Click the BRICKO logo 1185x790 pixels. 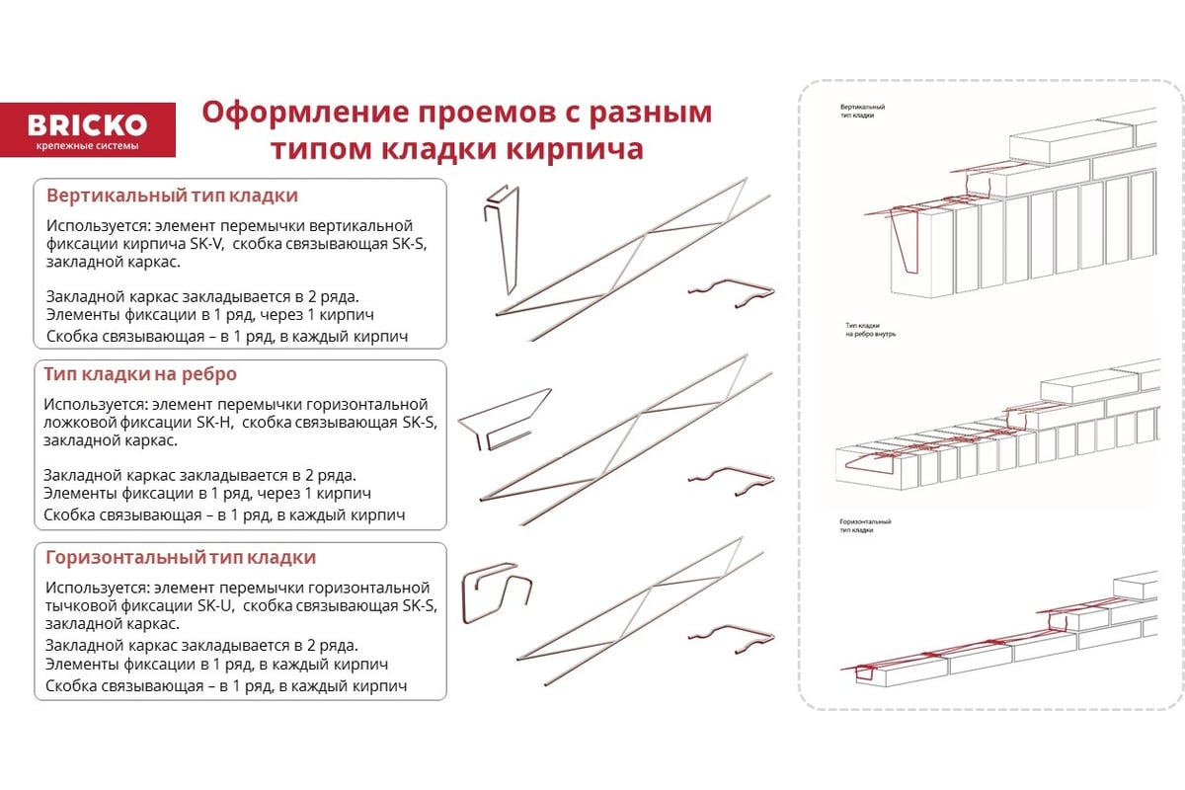pos(87,129)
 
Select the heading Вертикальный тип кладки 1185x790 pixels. pos(172,196)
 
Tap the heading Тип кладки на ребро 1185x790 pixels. pos(140,374)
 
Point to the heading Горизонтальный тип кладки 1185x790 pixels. pos(181,557)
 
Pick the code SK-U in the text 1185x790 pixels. pos(216,605)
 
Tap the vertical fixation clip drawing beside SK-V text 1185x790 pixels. pos(503,239)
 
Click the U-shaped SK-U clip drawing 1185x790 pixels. pos(496,592)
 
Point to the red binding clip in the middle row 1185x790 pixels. pos(732,481)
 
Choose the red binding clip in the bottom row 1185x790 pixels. pos(732,639)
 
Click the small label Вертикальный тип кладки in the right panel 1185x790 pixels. pos(862,112)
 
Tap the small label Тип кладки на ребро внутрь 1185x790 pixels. pos(870,330)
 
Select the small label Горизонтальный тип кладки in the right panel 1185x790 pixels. pos(865,525)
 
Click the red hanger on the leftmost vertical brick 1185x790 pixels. pos(906,241)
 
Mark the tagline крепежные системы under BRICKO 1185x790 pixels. pos(87,145)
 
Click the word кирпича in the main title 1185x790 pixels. pos(575,149)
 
